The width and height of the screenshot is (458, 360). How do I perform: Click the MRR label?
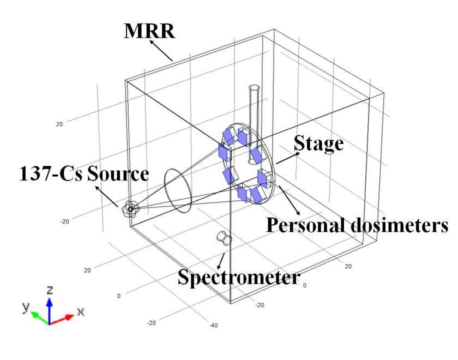150,31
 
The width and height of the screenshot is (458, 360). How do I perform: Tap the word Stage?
318,143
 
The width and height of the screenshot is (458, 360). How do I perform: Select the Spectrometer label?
239,278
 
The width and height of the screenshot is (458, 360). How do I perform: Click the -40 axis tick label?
213,325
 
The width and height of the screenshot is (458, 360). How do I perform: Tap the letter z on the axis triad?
50,289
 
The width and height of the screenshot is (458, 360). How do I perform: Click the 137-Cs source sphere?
130,208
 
